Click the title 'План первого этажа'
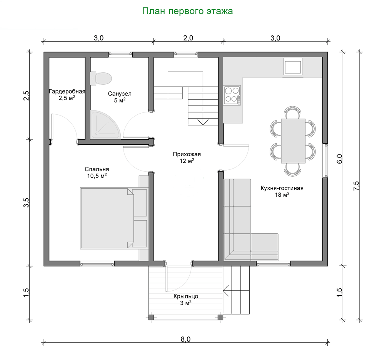click(x=187, y=11)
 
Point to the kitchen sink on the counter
click(x=293, y=67)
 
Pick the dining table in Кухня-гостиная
click(x=293, y=141)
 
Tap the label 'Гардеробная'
click(x=67, y=92)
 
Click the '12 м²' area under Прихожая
click(x=187, y=161)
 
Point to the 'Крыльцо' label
click(x=185, y=296)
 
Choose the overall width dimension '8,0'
click(x=185, y=339)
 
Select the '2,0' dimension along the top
click(x=188, y=38)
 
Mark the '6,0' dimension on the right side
click(x=339, y=159)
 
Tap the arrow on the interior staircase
click(x=203, y=122)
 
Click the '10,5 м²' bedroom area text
click(x=97, y=176)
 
